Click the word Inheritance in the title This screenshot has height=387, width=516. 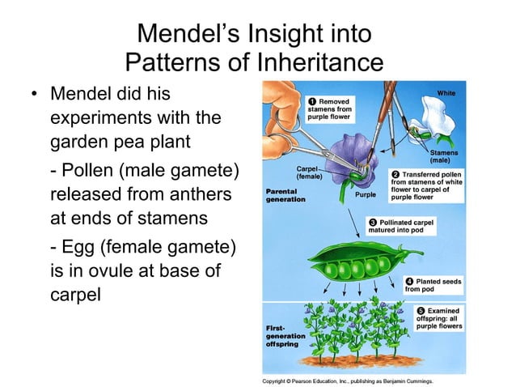(x=312, y=62)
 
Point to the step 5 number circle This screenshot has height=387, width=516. (x=421, y=311)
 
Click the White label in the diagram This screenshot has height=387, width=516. (x=446, y=93)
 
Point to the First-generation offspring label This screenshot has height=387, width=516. (x=285, y=337)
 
